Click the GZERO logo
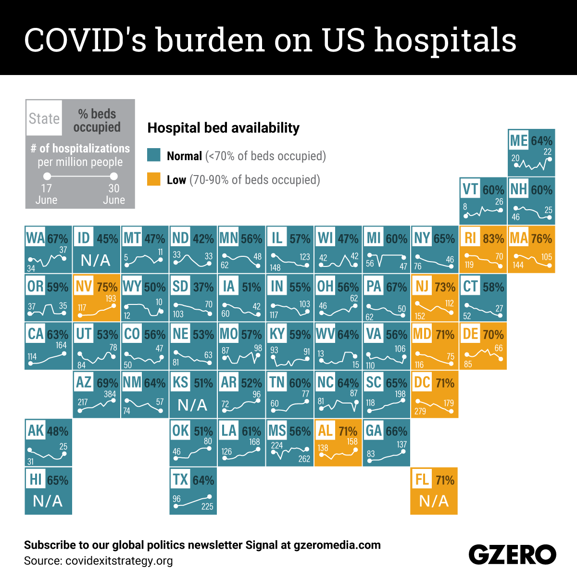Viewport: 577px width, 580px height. click(512, 555)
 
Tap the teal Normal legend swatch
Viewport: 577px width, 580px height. click(153, 155)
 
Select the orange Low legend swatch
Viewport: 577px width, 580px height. click(153, 179)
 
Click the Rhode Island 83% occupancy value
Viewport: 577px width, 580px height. click(493, 239)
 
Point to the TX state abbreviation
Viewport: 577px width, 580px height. click(180, 479)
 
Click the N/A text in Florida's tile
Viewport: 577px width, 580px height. click(434, 501)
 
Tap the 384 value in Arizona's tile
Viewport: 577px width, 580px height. click(110, 393)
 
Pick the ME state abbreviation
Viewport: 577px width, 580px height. click(518, 140)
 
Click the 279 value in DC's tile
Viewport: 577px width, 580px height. click(420, 411)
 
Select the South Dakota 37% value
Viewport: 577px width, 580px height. click(203, 287)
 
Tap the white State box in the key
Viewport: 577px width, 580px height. click(44, 118)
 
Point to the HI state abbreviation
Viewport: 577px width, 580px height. click(36, 479)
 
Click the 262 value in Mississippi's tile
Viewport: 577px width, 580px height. click(304, 459)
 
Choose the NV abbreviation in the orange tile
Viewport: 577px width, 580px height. click(84, 287)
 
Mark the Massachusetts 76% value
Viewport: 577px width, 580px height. click(541, 239)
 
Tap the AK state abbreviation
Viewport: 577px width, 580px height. click(36, 430)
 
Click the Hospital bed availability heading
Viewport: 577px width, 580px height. click(223, 128)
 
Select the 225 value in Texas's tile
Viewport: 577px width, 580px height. click(207, 506)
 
